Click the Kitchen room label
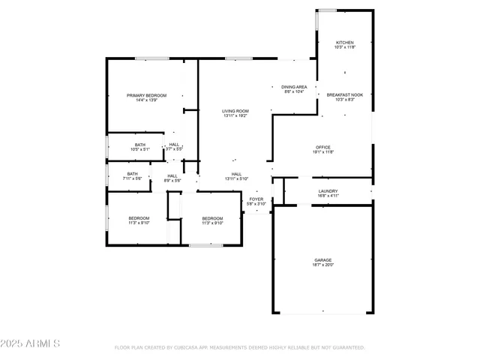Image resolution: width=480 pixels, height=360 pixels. (x=344, y=43)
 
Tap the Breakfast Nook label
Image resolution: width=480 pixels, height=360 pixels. (x=344, y=95)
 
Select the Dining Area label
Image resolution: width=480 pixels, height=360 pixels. (x=294, y=87)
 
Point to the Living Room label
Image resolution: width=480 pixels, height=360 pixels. (x=235, y=111)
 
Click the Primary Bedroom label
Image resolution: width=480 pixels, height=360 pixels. (x=146, y=95)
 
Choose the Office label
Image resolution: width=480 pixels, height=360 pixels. (x=323, y=147)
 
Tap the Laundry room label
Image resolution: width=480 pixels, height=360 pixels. (x=328, y=191)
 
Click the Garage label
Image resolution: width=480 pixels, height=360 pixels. (x=323, y=260)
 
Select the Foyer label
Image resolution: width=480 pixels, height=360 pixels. (x=256, y=199)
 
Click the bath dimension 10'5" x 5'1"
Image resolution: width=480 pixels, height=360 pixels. (x=140, y=150)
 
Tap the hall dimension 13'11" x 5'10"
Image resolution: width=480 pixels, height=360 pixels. (x=236, y=179)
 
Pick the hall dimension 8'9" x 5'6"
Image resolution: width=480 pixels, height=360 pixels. (x=172, y=180)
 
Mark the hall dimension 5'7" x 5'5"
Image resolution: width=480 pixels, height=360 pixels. (x=174, y=150)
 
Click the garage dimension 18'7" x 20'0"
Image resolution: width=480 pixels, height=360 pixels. (x=323, y=265)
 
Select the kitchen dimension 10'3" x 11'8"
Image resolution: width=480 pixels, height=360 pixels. (x=344, y=48)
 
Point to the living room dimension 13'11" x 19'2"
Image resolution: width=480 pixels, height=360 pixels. (x=235, y=116)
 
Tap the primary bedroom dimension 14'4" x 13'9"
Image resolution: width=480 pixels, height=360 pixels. (x=146, y=100)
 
